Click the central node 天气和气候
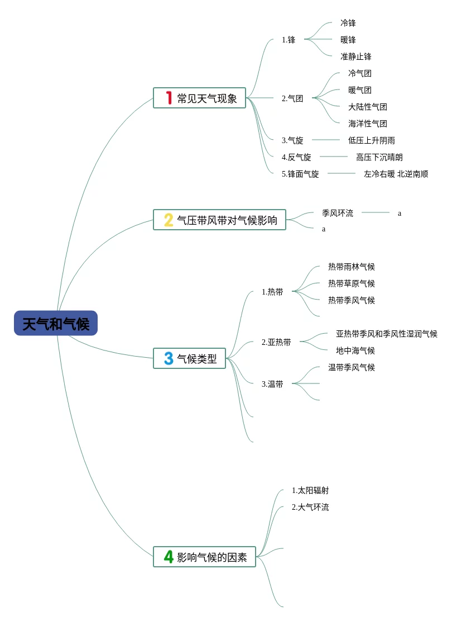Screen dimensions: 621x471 coord(56,324)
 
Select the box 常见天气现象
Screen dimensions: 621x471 coord(199,98)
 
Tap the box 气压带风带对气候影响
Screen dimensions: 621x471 coord(219,220)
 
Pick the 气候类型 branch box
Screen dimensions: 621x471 coord(189,359)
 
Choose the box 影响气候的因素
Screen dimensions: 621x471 coord(204,557)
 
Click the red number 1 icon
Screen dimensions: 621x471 coord(169,98)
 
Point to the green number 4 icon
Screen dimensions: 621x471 coord(169,557)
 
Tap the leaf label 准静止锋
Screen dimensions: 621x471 coord(356,56)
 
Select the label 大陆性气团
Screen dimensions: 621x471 coord(368,107)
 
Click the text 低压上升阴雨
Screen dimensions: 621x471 coord(372,140)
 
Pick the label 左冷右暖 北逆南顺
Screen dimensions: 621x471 coord(396,174)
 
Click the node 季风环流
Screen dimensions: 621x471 coord(338,213)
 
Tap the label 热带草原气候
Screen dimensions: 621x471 coord(352,283)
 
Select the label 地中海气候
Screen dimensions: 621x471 coord(355,350)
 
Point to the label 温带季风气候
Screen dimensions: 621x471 coord(352,367)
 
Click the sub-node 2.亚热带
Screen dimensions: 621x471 coord(276,342)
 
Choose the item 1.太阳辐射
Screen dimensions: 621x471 coord(310,490)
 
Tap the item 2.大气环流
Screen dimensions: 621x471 coord(310,507)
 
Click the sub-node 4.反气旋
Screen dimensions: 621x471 coord(296,157)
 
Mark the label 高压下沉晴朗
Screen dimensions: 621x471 coord(379,157)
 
